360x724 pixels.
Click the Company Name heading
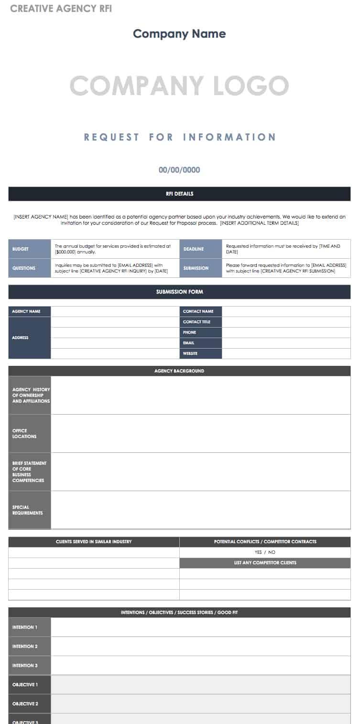pyautogui.click(x=179, y=34)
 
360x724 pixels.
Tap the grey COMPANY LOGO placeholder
pyautogui.click(x=179, y=86)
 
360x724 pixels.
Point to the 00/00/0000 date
pyautogui.click(x=179, y=170)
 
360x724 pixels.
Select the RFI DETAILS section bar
pyautogui.click(x=179, y=194)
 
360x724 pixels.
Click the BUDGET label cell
pyautogui.click(x=30, y=249)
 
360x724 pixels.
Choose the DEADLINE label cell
pyautogui.click(x=201, y=249)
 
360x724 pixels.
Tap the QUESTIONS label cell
pyautogui.click(x=30, y=268)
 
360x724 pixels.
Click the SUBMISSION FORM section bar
pyautogui.click(x=179, y=292)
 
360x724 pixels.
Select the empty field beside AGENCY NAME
pyautogui.click(x=115, y=311)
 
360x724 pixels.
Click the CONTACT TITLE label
pyautogui.click(x=201, y=322)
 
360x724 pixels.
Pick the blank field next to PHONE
pyautogui.click(x=286, y=332)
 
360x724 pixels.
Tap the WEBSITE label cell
pyautogui.click(x=201, y=353)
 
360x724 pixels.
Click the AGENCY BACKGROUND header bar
pyautogui.click(x=179, y=371)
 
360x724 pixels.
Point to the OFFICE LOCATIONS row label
pyautogui.click(x=30, y=433)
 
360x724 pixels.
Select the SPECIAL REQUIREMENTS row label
pyautogui.click(x=30, y=510)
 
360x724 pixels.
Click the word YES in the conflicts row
pyautogui.click(x=258, y=552)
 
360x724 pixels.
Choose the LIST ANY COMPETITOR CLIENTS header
pyautogui.click(x=265, y=563)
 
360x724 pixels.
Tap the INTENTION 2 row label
pyautogui.click(x=30, y=647)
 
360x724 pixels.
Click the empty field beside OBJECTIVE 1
pyautogui.click(x=201, y=685)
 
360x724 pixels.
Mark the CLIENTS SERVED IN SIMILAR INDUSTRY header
pyautogui.click(x=94, y=542)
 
